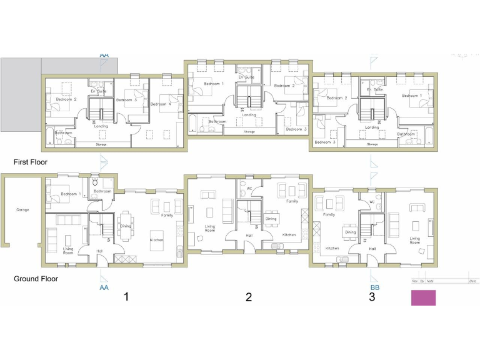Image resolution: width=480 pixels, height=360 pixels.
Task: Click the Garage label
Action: pyautogui.click(x=22, y=210)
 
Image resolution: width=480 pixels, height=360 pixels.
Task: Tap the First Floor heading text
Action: pyautogui.click(x=31, y=162)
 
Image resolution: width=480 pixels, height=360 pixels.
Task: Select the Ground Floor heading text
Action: pyautogui.click(x=36, y=279)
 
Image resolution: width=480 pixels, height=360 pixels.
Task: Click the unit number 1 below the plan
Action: pyautogui.click(x=126, y=296)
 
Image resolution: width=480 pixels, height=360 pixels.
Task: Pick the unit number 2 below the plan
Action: pyautogui.click(x=248, y=297)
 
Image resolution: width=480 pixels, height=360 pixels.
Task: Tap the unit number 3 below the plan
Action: pyautogui.click(x=372, y=296)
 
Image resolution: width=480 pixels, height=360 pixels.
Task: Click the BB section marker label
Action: pyautogui.click(x=375, y=287)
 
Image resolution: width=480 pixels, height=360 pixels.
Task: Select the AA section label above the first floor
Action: pyautogui.click(x=104, y=55)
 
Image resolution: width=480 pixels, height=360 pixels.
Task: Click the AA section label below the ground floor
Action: pyautogui.click(x=104, y=287)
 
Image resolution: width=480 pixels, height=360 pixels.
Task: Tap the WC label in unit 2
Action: pyautogui.click(x=249, y=188)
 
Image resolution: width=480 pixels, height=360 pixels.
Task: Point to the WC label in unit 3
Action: pyautogui.click(x=371, y=202)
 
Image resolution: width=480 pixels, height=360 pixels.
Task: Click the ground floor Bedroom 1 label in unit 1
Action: pyautogui.click(x=70, y=194)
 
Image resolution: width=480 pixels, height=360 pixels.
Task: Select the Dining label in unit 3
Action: pyautogui.click(x=350, y=232)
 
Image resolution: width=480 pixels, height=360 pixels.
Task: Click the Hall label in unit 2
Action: pyautogui.click(x=249, y=235)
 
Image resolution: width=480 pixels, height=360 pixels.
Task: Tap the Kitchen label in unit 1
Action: pyautogui.click(x=156, y=240)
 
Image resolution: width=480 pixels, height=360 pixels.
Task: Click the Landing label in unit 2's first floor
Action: pyautogui.click(x=249, y=115)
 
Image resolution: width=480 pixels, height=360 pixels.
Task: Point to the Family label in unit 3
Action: pyautogui.click(x=329, y=214)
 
